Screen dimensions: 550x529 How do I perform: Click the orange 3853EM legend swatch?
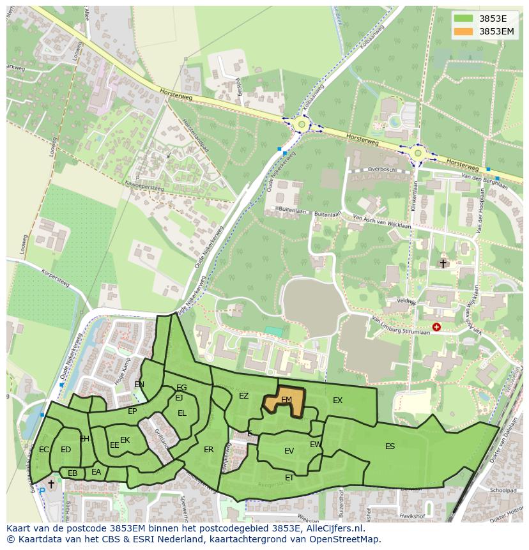pyautogui.click(x=464, y=31)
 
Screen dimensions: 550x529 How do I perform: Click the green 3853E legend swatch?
pyautogui.click(x=464, y=18)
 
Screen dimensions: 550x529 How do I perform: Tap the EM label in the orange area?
pyautogui.click(x=286, y=400)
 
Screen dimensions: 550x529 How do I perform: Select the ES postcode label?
pyautogui.click(x=390, y=447)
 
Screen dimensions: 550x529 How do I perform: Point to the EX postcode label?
pyautogui.click(x=338, y=401)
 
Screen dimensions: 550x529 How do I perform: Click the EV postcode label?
pyautogui.click(x=289, y=451)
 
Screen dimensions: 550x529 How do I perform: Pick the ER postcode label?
pyautogui.click(x=209, y=450)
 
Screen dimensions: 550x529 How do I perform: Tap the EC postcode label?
pyautogui.click(x=43, y=450)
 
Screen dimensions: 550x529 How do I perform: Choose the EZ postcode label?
pyautogui.click(x=243, y=396)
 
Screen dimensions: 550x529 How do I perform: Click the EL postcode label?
pyautogui.click(x=182, y=413)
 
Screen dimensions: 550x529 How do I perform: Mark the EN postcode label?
pyautogui.click(x=139, y=385)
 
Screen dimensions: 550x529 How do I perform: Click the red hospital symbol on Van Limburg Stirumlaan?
pyautogui.click(x=436, y=327)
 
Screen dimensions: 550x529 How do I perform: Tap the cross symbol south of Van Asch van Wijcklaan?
pyautogui.click(x=443, y=263)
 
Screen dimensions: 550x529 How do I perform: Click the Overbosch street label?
pyautogui.click(x=364, y=170)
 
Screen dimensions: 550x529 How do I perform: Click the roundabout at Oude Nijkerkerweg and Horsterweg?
pyautogui.click(x=300, y=123)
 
